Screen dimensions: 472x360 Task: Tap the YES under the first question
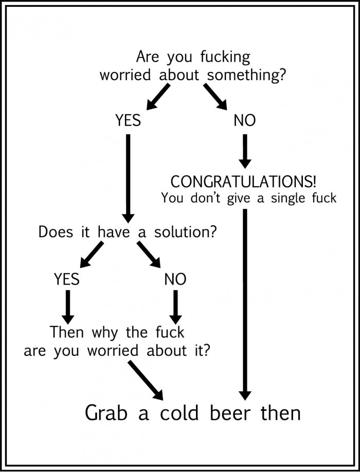click(x=128, y=120)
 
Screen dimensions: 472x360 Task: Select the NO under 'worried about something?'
click(x=244, y=120)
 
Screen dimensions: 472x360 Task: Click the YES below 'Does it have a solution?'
click(x=67, y=279)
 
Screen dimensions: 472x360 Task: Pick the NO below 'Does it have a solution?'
click(x=175, y=279)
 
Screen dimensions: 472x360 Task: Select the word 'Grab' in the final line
click(x=105, y=413)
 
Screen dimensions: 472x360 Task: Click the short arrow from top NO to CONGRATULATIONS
click(x=245, y=150)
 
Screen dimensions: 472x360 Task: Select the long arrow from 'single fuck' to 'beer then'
click(x=245, y=303)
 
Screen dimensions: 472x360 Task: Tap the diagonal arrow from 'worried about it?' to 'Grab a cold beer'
click(x=145, y=380)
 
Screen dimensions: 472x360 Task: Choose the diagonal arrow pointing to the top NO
click(x=215, y=96)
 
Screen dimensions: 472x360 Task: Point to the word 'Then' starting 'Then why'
click(x=67, y=332)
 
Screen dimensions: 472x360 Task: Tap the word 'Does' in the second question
click(x=56, y=232)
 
